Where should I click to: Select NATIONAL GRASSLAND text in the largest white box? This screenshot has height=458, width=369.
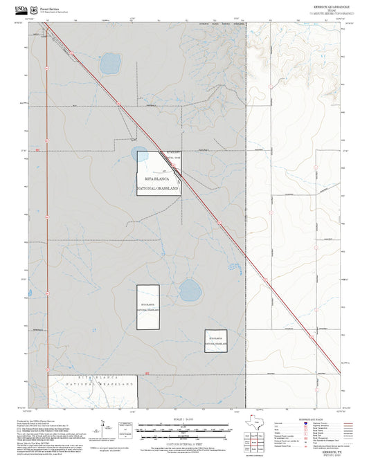[158, 188]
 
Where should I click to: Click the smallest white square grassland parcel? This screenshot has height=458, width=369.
[216, 341]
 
